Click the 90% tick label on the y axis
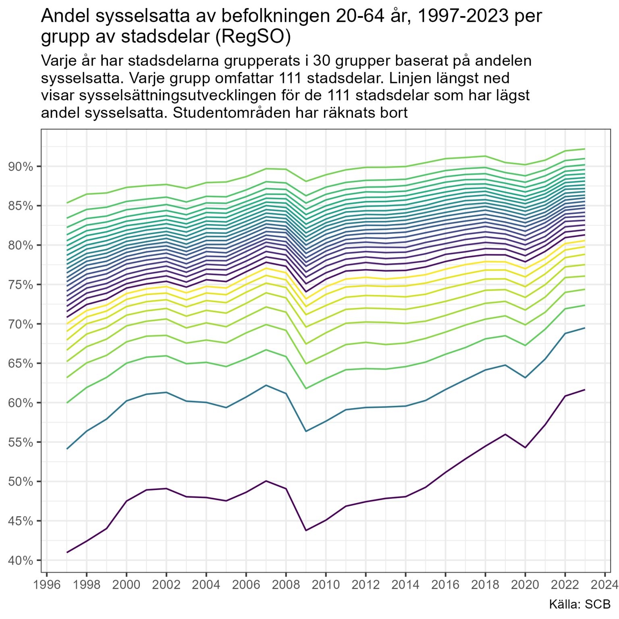point(20,166)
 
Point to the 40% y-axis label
point(20,561)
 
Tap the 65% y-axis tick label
point(20,364)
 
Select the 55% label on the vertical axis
point(20,442)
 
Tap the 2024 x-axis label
point(604,584)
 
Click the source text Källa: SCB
point(580,604)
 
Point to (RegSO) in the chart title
point(253,37)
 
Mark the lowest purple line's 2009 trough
point(306,530)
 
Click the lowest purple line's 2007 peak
point(266,481)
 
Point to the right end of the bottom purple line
point(585,389)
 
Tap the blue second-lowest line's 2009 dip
point(306,431)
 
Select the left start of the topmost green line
point(67,203)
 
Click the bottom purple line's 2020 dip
point(525,448)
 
